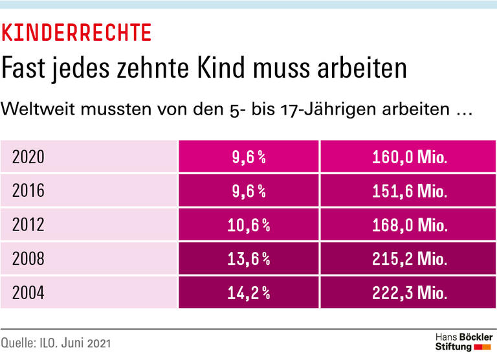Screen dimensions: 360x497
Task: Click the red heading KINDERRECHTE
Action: [77, 32]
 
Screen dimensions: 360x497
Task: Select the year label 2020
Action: [28, 157]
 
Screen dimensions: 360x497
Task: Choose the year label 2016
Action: [28, 190]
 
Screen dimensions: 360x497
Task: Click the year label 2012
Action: [28, 225]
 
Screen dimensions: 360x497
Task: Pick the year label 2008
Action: [28, 259]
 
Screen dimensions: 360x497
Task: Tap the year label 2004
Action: [28, 293]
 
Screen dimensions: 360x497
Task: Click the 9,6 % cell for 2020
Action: [249, 157]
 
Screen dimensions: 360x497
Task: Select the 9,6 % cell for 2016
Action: [249, 190]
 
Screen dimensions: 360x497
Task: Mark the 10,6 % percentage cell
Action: [249, 225]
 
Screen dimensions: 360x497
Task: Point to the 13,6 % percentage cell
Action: [249, 259]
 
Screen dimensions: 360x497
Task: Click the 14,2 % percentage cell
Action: [249, 293]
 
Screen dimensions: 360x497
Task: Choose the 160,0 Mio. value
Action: [410, 157]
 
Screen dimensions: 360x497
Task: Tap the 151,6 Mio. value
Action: [410, 190]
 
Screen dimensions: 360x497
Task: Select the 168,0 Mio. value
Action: [410, 225]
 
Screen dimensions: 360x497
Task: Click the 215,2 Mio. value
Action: [410, 259]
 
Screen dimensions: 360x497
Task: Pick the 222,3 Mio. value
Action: [410, 293]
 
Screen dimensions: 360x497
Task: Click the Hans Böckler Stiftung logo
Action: [463, 342]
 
